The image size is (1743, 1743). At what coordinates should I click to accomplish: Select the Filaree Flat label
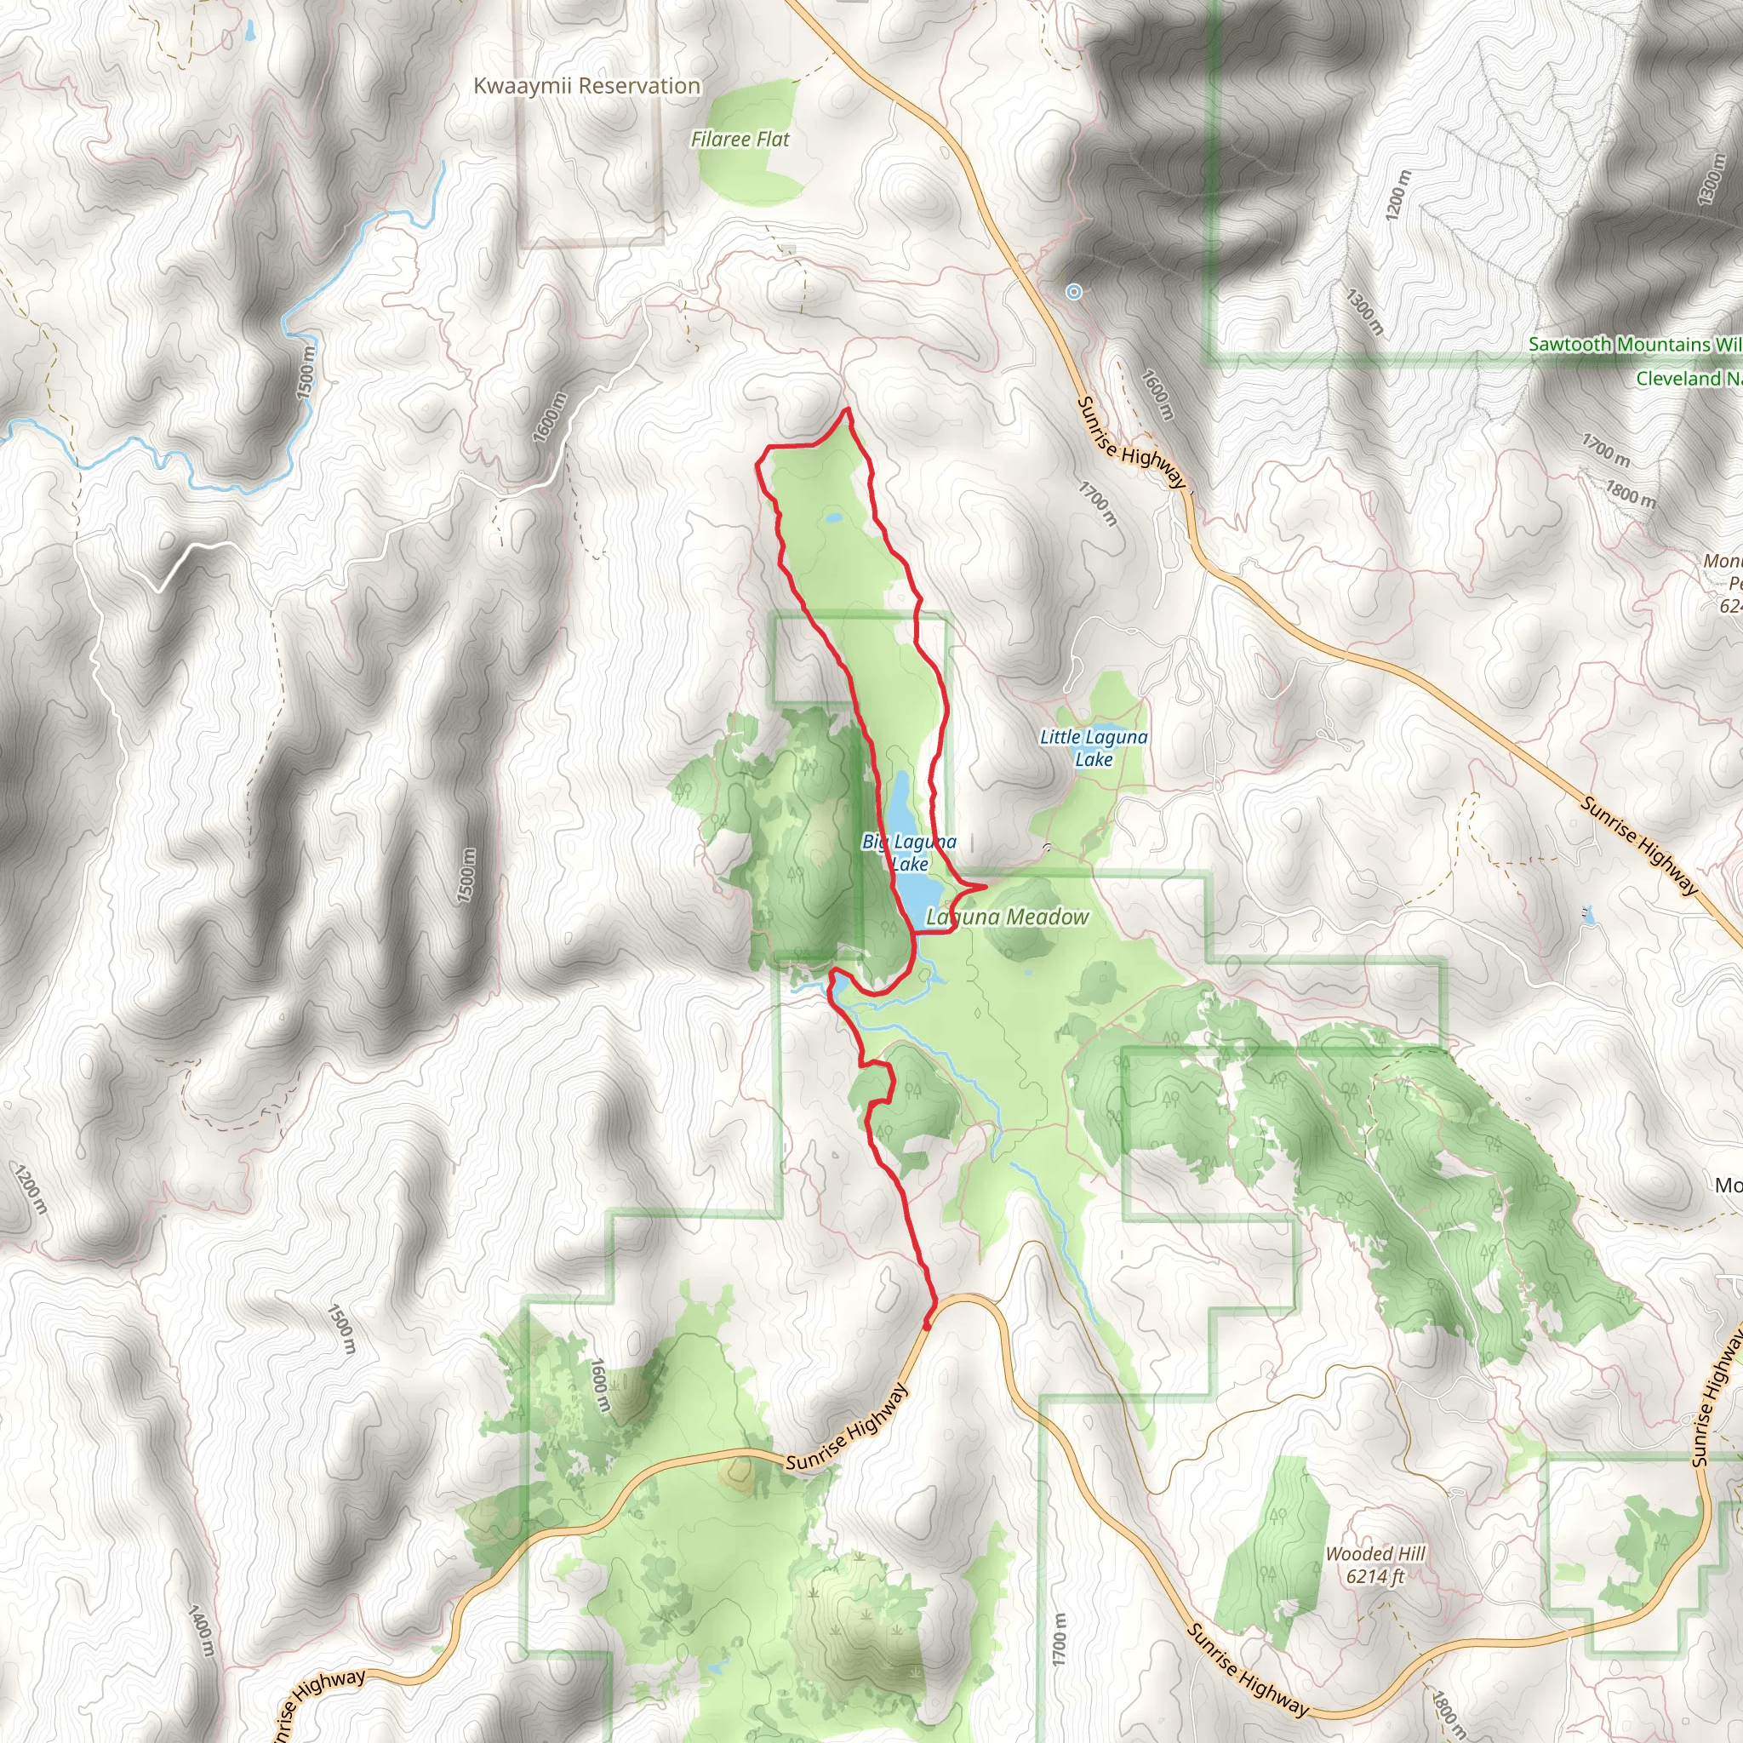pos(740,139)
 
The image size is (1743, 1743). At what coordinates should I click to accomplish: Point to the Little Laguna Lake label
pos(1094,748)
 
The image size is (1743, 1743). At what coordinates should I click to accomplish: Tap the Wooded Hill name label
pos(1375,1553)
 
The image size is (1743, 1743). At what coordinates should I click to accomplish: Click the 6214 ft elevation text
pos(1375,1576)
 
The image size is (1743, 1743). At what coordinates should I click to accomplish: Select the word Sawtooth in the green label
pos(1569,345)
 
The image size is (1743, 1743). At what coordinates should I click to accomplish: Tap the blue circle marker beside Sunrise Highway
pos(1073,291)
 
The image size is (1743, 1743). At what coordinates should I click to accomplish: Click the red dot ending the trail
pos(927,1325)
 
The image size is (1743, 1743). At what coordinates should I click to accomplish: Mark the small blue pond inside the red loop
pos(833,519)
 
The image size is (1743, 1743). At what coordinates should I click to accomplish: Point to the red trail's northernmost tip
pos(847,409)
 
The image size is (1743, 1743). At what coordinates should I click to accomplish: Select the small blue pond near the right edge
pos(1589,915)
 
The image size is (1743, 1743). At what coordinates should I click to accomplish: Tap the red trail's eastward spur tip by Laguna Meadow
pos(986,887)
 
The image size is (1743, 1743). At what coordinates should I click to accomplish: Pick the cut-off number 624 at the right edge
pos(1730,606)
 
